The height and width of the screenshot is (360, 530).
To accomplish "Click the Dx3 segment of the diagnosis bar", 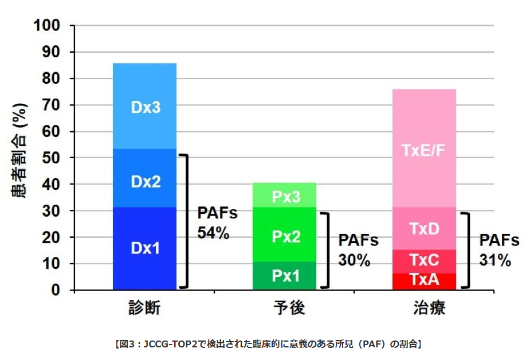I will point(145,107).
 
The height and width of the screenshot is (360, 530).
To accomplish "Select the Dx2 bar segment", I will point(145,181).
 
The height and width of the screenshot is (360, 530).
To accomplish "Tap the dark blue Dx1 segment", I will point(145,248).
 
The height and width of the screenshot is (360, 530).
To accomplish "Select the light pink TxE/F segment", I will point(424,150).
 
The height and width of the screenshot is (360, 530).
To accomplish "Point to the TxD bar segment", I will point(424,228).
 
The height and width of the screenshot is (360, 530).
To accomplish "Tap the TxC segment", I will point(424,261).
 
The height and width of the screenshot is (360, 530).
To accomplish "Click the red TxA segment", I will point(424,281).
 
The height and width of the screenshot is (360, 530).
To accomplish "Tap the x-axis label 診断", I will point(144,310).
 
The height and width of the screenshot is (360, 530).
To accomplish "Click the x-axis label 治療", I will point(425,310).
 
